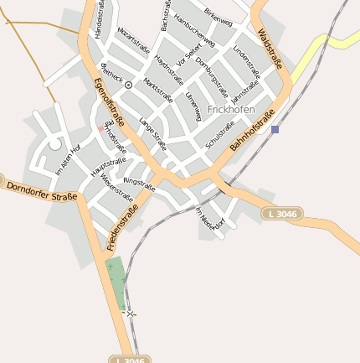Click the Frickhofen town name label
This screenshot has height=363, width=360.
pos(230,110)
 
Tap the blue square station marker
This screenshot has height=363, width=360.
pos(275,129)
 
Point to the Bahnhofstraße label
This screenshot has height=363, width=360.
pos(253,132)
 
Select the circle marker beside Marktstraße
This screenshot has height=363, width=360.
pos(128,85)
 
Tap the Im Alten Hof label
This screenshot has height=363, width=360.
pos(68,159)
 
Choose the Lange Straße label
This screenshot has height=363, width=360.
pos(153,134)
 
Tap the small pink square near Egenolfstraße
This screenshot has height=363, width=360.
pos(101,128)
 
